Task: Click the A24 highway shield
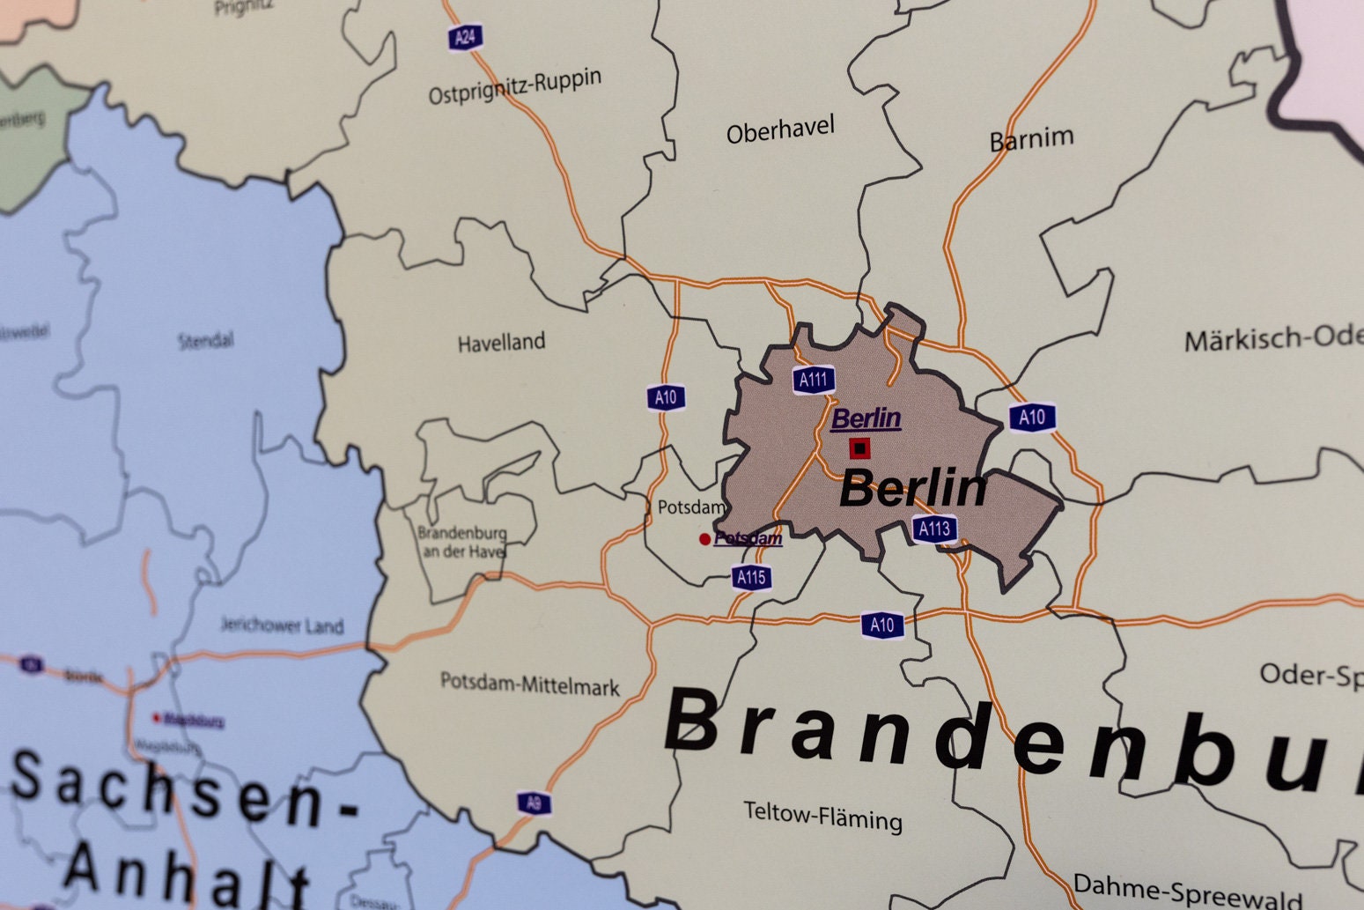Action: [465, 37]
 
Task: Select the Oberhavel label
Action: [780, 130]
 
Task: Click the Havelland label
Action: [501, 343]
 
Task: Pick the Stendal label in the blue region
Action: [206, 340]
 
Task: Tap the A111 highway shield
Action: [813, 380]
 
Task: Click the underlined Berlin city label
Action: [866, 418]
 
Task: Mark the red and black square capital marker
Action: [859, 448]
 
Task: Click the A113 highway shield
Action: [933, 529]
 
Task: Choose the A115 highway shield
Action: [751, 578]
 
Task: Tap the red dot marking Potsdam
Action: [704, 539]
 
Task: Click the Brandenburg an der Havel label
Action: [461, 543]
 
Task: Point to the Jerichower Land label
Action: [281, 626]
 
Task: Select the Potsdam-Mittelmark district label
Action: [530, 684]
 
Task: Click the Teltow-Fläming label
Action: [822, 817]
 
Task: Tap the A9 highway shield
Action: [534, 803]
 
